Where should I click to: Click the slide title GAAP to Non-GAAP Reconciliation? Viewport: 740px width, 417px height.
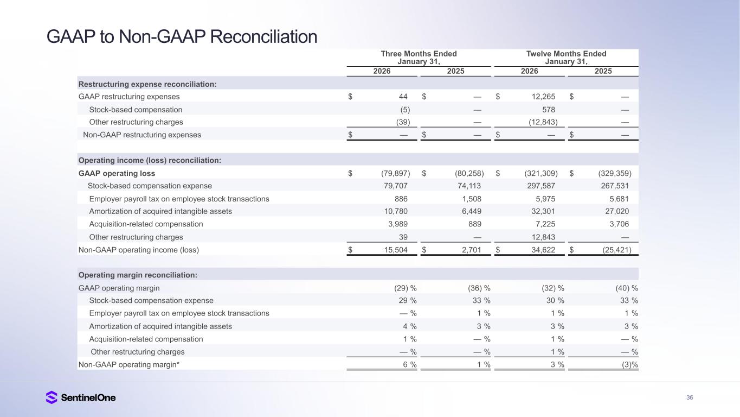tap(182, 36)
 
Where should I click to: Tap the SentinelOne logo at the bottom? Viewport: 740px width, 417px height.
tap(81, 397)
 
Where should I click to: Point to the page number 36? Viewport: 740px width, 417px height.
tap(690, 397)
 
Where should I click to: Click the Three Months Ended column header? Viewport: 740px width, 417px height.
tap(419, 58)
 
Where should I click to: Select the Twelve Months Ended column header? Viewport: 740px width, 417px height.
tap(566, 58)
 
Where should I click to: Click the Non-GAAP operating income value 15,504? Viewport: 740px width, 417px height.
tap(395, 250)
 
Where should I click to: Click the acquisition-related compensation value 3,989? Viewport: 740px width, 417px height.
tap(397, 224)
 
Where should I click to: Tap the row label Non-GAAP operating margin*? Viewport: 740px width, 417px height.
tap(128, 365)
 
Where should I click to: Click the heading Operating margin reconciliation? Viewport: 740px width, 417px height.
tap(138, 275)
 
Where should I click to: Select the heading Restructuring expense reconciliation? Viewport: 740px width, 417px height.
tap(147, 84)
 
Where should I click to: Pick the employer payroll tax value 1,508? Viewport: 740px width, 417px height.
tap(471, 199)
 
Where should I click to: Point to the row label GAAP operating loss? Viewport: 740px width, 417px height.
tap(117, 173)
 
